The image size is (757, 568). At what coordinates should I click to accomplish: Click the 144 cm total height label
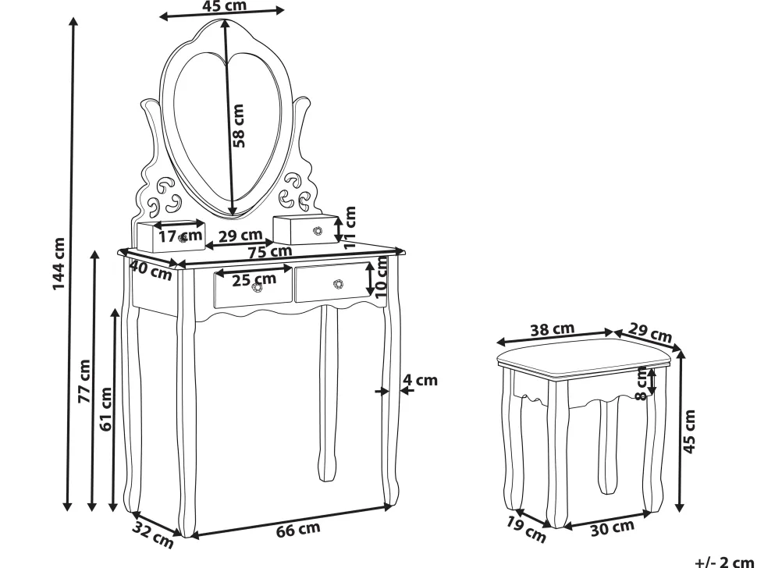(59, 264)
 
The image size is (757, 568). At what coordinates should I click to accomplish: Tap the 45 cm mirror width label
(224, 5)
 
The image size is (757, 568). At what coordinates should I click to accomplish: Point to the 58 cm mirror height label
(239, 126)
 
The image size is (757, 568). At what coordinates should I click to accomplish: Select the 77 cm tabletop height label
(85, 381)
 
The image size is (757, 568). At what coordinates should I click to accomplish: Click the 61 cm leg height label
(105, 409)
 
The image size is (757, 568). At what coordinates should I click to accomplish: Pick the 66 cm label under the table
(298, 530)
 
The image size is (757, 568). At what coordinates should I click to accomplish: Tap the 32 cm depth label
(152, 534)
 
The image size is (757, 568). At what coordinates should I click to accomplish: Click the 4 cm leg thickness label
(420, 380)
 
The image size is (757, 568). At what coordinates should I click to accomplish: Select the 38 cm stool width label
(553, 330)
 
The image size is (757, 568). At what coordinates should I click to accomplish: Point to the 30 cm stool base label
(612, 528)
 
